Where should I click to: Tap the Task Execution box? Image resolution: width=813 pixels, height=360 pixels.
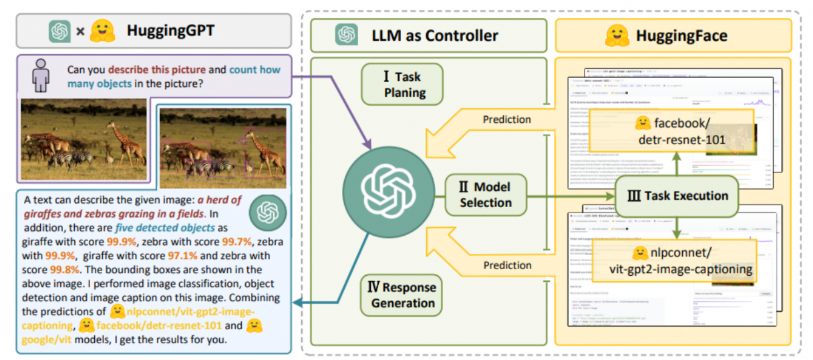[x=677, y=196]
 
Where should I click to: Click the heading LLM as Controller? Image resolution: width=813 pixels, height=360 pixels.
[x=434, y=35]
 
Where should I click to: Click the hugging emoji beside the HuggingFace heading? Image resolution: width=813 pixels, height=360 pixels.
[x=617, y=35]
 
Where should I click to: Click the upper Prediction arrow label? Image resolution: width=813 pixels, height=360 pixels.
[x=506, y=120]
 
